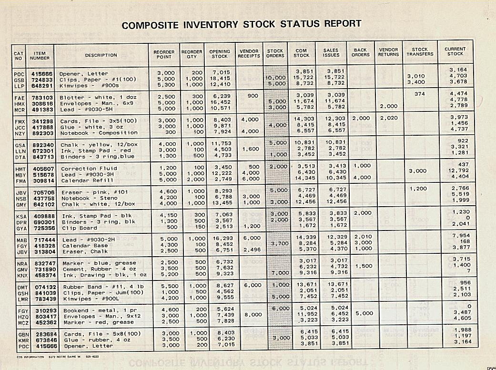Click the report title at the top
(x=242, y=24)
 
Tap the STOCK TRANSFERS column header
(x=420, y=52)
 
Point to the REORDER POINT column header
(x=164, y=55)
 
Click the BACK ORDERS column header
(x=360, y=52)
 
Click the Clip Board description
(x=77, y=228)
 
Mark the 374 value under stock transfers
(x=420, y=94)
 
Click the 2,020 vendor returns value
(x=388, y=117)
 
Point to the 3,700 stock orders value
(x=275, y=244)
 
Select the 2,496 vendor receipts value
(x=250, y=250)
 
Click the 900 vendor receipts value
(x=253, y=96)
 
